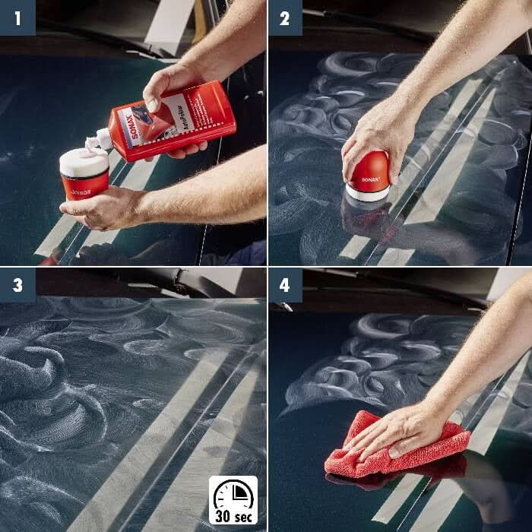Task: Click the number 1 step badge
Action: point(17,17)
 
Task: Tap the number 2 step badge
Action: point(285,17)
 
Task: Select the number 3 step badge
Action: point(17,285)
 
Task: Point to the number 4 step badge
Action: point(285,285)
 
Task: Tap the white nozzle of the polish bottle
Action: point(100,141)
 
